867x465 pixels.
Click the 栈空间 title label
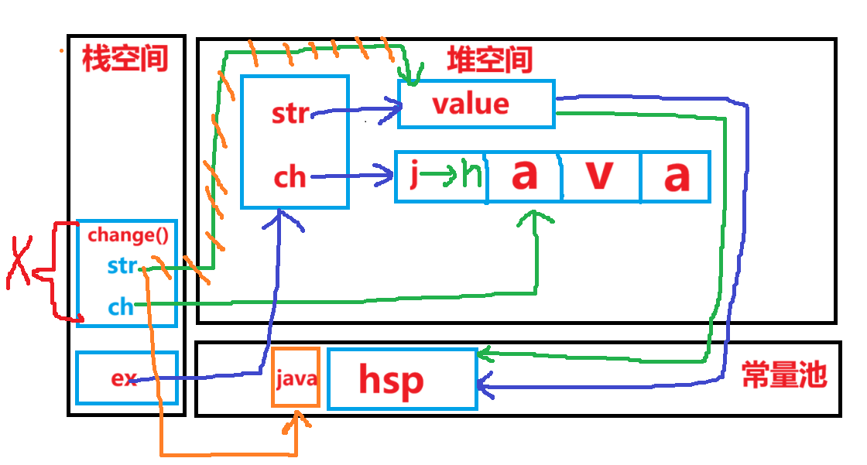point(125,60)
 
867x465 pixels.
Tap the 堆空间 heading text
point(490,60)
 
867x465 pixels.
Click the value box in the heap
point(475,104)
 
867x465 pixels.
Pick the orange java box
point(295,378)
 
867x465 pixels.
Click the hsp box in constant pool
point(402,379)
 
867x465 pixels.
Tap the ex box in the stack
point(126,378)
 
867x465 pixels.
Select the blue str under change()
point(122,267)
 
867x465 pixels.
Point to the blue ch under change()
point(120,307)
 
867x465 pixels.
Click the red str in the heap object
point(290,114)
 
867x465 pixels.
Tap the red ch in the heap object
point(290,178)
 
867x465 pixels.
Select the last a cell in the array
point(676,176)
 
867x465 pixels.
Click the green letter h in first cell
point(473,178)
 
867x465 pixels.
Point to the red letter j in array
point(413,176)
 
